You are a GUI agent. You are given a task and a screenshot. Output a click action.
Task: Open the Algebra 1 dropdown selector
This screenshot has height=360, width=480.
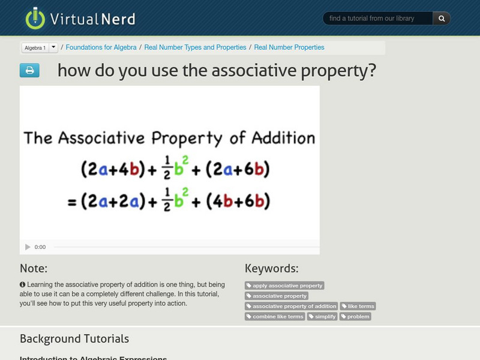[40, 47]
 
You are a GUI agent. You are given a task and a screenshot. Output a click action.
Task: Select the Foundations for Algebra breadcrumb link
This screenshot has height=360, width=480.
[101, 47]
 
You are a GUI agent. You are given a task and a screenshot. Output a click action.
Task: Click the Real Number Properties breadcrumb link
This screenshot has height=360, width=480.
[289, 47]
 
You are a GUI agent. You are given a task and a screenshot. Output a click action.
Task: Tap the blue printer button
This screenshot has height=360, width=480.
[29, 70]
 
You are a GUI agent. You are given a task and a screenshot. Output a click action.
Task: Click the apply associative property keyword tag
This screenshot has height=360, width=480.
[284, 286]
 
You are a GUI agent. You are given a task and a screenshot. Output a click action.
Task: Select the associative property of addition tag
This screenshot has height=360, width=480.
[291, 306]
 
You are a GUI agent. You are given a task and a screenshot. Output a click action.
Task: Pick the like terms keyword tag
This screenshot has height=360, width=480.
[358, 306]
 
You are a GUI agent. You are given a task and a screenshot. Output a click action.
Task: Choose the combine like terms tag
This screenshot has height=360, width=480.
[275, 316]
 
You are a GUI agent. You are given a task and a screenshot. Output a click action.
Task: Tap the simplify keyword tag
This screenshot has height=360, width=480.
[322, 316]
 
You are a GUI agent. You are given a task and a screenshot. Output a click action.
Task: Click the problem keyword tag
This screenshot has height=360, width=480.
[355, 316]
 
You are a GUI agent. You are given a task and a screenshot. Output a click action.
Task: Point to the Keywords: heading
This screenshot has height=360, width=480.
[271, 268]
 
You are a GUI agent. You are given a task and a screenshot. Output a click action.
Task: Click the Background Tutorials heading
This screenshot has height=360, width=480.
[74, 339]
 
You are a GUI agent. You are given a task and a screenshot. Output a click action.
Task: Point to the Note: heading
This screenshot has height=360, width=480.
[34, 268]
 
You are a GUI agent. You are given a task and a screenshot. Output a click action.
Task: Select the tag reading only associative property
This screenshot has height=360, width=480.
[277, 296]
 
